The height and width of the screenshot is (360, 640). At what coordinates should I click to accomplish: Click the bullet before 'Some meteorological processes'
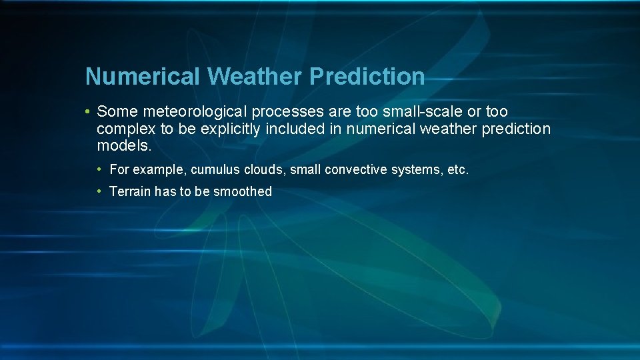(88, 111)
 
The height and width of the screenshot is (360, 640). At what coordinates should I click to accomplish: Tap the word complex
(124, 129)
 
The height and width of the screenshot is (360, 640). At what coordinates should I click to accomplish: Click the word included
(295, 129)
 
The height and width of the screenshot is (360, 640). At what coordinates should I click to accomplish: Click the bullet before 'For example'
(100, 170)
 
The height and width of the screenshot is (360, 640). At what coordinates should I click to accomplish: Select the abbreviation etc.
(458, 170)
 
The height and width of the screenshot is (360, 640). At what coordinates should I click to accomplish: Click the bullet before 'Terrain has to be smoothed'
(100, 192)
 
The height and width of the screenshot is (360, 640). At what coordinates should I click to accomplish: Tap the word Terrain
(130, 192)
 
